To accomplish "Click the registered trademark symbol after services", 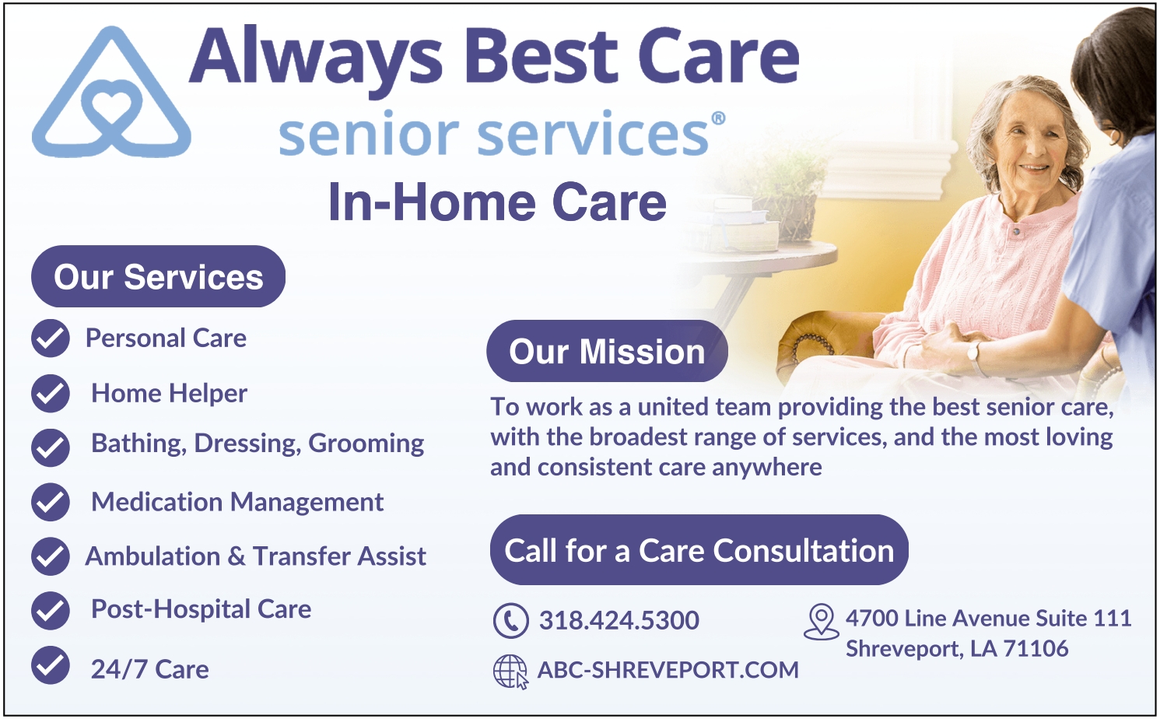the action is click(718, 118).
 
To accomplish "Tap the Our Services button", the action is click(158, 276).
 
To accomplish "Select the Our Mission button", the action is click(607, 351).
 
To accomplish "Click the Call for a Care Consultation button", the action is click(699, 549).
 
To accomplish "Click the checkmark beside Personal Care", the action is click(51, 338).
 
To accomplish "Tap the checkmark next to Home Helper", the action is click(51, 393).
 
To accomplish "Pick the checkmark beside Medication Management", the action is click(51, 502).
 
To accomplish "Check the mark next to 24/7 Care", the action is click(51, 665).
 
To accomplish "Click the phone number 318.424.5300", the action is click(619, 620).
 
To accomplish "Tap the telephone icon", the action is click(511, 620).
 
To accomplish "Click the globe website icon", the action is click(510, 672).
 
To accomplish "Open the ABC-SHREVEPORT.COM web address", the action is click(668, 670).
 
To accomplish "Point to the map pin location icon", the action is click(822, 621).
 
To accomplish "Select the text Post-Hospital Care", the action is click(201, 609).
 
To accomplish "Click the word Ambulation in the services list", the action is click(152, 556).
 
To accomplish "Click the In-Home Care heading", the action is click(497, 202).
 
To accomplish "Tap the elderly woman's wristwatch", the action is click(973, 353).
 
